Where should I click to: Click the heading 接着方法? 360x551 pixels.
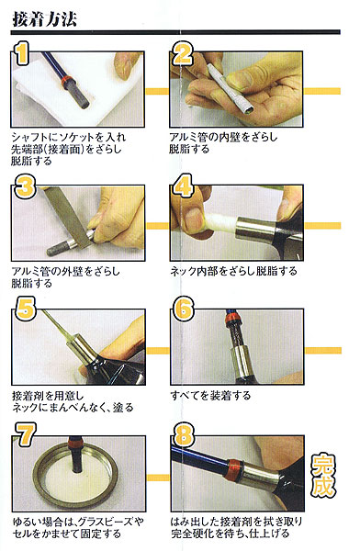tap(44, 19)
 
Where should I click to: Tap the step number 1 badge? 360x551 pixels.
tap(22, 53)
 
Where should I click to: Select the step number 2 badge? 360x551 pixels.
tap(183, 53)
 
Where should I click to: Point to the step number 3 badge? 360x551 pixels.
tap(26, 186)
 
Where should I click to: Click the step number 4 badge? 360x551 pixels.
tap(183, 186)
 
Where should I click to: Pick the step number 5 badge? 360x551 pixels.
tap(26, 309)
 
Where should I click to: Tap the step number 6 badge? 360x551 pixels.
tap(184, 309)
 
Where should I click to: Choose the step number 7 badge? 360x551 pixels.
tap(26, 434)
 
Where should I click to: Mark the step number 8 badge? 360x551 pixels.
tap(184, 434)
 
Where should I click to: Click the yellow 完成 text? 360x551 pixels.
tap(323, 476)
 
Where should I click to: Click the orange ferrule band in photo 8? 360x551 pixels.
tap(233, 469)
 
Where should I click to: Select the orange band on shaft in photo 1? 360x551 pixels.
tap(66, 82)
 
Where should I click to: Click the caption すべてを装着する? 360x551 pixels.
tap(210, 396)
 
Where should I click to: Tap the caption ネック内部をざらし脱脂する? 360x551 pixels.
tap(233, 271)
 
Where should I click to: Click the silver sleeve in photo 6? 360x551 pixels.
tap(240, 363)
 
